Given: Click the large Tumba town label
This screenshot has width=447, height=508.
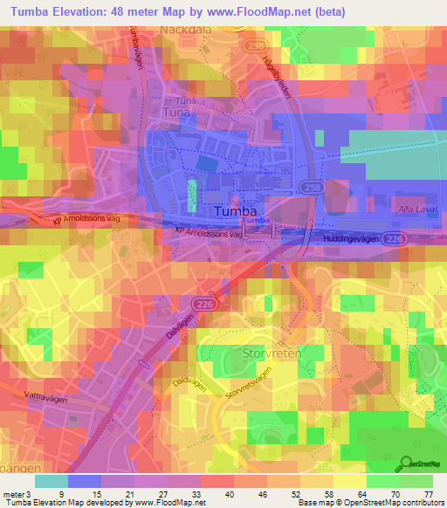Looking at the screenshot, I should coord(236,212).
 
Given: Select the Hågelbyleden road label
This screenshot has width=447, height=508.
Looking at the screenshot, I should coord(277,76).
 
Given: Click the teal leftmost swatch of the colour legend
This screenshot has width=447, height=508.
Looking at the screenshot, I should coord(52,481).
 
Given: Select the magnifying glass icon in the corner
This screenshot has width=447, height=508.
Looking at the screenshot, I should coord(405,463).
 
